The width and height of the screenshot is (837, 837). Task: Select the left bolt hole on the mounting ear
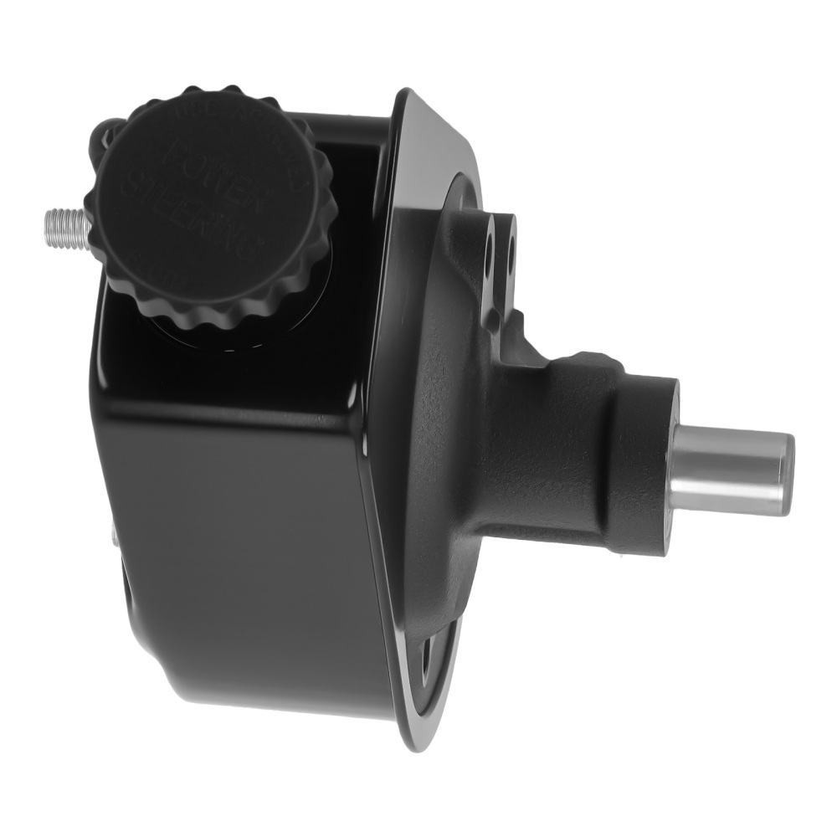tap(487, 250)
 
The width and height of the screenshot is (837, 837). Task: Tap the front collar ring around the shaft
tap(653, 465)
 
